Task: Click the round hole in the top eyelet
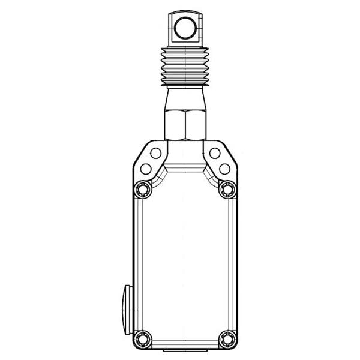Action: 184,26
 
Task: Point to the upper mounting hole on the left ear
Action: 155,153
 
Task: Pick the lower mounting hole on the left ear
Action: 144,169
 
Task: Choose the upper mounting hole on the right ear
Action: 214,153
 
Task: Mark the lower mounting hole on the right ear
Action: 224,169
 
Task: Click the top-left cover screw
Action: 142,190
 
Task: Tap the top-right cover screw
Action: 226,190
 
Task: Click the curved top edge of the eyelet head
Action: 184,11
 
